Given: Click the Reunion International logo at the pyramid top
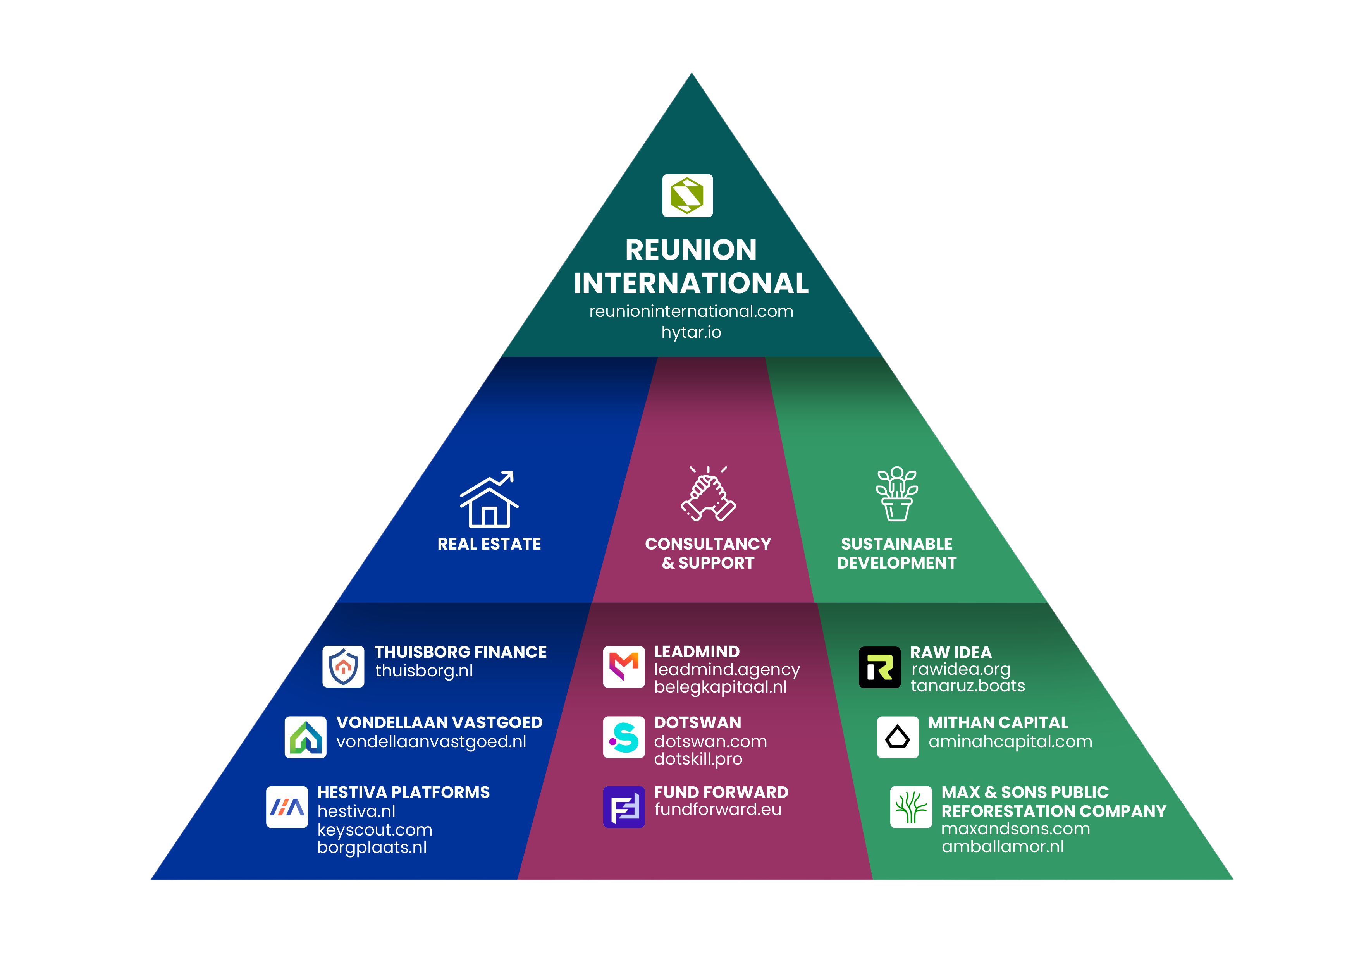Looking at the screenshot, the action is point(687,195).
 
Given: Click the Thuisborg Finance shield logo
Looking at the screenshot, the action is point(343,666).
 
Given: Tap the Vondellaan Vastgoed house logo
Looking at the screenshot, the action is point(305,738).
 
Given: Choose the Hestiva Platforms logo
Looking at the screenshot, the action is point(287,806).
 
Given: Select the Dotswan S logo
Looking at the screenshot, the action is point(624,738).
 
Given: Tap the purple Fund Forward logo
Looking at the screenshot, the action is point(624,806).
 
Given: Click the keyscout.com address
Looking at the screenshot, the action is point(375,830).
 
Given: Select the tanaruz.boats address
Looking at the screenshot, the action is point(968,686).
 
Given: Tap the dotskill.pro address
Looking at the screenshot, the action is point(698,759).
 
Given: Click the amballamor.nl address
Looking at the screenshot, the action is point(1003,847).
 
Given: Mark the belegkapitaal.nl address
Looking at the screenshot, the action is point(720,688).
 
